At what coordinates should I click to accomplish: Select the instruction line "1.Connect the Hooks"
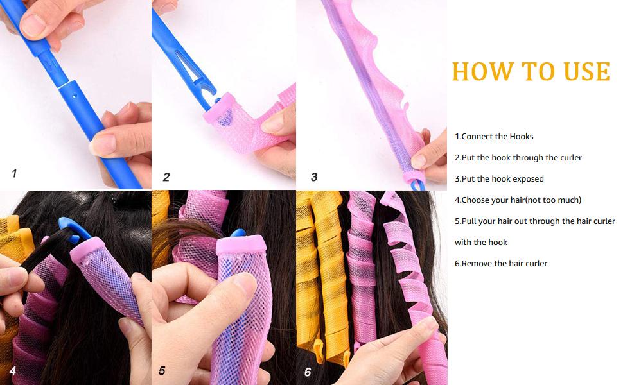(x=494, y=137)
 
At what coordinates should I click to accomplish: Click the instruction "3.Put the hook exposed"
(x=499, y=179)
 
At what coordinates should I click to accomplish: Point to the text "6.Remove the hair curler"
(x=501, y=264)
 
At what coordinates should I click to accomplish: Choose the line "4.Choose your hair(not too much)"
(x=518, y=200)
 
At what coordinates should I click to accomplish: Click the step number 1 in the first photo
(x=14, y=173)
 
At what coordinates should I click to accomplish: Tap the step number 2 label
(x=166, y=177)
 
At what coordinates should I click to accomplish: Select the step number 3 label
(x=314, y=177)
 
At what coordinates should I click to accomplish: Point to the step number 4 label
(x=13, y=371)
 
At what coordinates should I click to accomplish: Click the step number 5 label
(x=162, y=371)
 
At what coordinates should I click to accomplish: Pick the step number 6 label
(x=308, y=372)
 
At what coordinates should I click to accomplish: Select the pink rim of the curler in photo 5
(x=241, y=245)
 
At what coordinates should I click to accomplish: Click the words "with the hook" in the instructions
(x=481, y=243)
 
